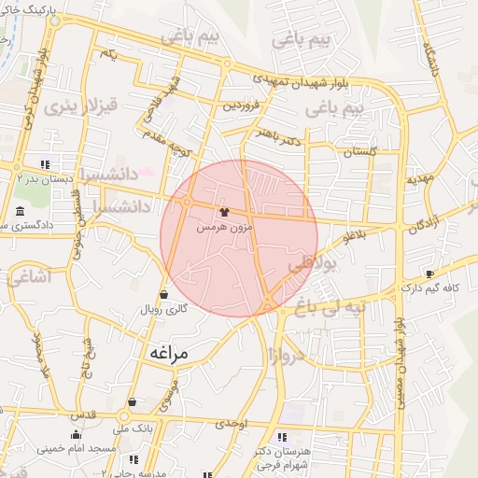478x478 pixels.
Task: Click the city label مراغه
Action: point(168,354)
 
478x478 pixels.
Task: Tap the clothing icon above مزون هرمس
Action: point(223,212)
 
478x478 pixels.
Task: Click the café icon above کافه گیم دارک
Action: point(429,274)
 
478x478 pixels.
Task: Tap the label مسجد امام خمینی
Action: point(77,449)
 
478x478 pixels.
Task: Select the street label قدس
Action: point(84,414)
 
